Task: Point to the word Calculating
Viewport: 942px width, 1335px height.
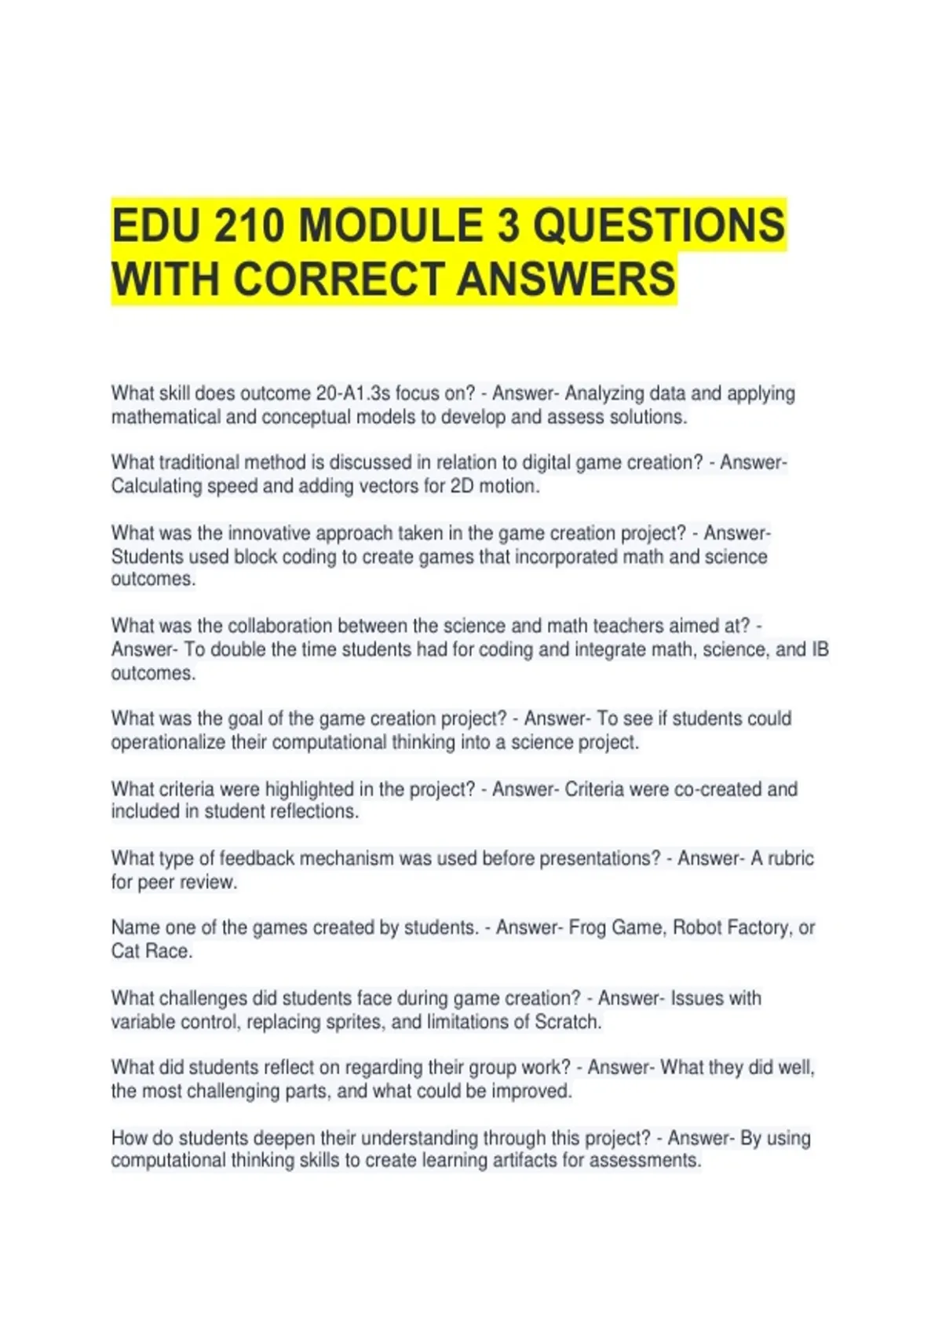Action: click(x=156, y=486)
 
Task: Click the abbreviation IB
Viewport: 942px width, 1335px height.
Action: click(x=820, y=649)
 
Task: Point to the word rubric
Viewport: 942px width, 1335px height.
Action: click(x=790, y=858)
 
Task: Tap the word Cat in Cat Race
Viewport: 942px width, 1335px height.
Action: click(x=126, y=951)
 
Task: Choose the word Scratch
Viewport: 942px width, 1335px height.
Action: click(x=567, y=1022)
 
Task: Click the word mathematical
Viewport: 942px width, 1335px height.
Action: click(x=166, y=417)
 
